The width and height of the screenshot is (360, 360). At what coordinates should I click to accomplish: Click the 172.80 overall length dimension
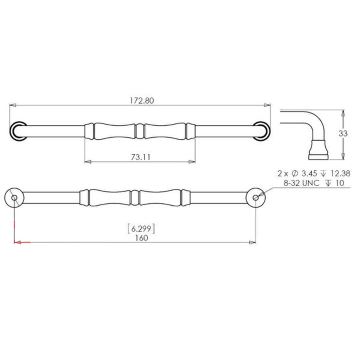(x=141, y=101)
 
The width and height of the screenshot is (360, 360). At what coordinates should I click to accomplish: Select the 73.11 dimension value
(x=140, y=157)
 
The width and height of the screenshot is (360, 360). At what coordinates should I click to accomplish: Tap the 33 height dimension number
(x=343, y=134)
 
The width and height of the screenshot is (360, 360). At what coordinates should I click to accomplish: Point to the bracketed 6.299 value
(x=141, y=229)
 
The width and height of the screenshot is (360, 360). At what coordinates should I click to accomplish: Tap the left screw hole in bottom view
(x=14, y=198)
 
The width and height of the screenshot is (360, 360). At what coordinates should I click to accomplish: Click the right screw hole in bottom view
(x=256, y=198)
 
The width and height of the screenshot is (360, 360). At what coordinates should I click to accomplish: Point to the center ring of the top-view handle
(x=140, y=131)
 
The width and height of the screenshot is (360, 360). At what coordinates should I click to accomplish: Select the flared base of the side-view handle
(x=318, y=150)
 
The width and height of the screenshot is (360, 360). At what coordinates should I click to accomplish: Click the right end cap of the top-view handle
(x=262, y=131)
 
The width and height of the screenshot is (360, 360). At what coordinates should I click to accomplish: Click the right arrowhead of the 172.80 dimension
(x=267, y=105)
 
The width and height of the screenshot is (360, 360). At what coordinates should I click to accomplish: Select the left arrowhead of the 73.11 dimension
(x=88, y=162)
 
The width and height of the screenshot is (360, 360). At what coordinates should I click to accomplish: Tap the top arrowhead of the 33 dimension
(x=343, y=113)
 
